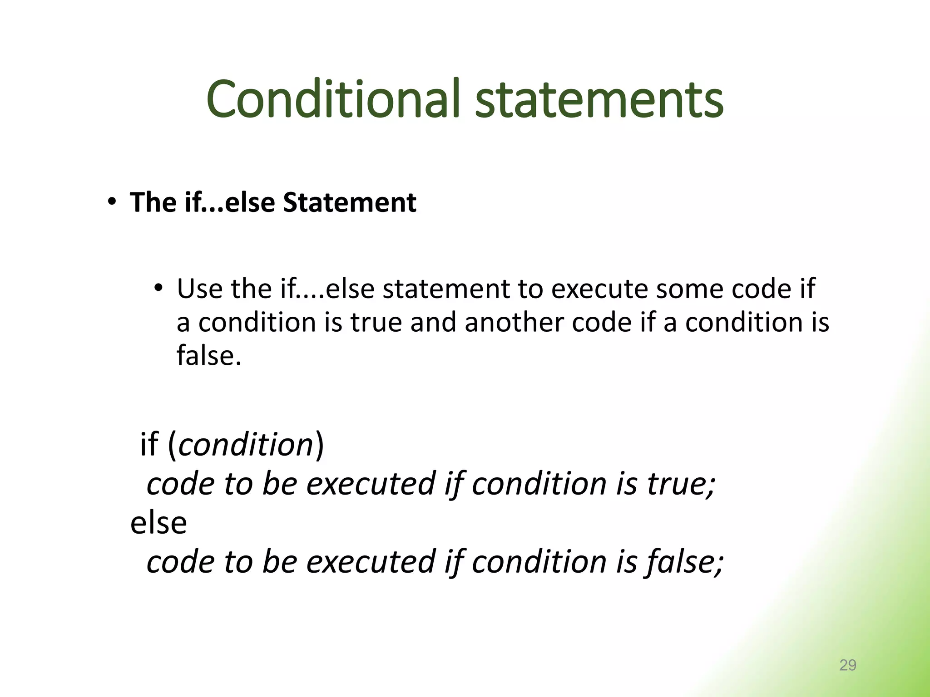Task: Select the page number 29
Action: pos(847,665)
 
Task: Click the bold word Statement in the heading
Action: pos(349,202)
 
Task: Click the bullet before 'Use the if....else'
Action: pos(158,288)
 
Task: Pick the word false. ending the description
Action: pos(209,355)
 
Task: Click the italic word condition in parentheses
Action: pos(246,444)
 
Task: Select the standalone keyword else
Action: pos(158,523)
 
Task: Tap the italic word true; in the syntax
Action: pos(681,484)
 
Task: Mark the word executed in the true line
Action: pos(371,484)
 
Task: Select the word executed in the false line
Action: pos(371,562)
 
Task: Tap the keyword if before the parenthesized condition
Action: pos(149,444)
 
